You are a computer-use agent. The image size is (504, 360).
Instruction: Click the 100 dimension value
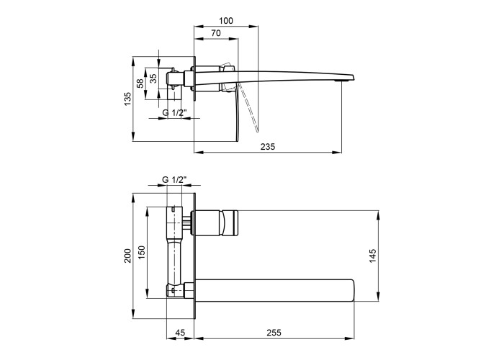tap(225, 21)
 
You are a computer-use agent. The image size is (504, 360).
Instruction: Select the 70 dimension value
tap(216, 33)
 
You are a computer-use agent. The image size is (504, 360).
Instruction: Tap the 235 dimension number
tap(267, 147)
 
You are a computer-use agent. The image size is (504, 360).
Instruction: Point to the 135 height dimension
tap(128, 99)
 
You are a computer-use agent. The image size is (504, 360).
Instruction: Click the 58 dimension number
tap(140, 84)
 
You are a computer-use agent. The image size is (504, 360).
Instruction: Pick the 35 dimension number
tap(153, 78)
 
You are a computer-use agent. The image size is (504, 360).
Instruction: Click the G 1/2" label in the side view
tap(174, 113)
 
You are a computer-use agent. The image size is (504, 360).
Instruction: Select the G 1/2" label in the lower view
tap(174, 180)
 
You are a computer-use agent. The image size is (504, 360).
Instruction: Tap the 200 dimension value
tap(128, 256)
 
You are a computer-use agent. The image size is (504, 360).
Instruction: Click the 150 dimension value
tap(142, 252)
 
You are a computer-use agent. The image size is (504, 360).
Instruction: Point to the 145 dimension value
tap(372, 256)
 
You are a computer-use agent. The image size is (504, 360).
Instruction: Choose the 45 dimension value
tap(180, 333)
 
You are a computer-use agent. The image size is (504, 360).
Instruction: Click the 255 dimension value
tap(274, 333)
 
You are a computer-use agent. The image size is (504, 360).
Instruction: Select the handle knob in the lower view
tap(230, 222)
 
